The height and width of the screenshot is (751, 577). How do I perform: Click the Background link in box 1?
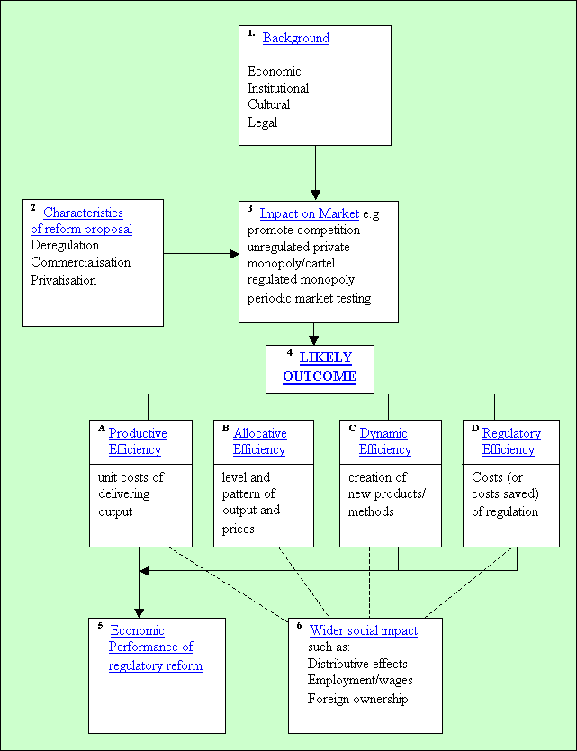295,38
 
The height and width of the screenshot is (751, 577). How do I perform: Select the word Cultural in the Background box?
268,104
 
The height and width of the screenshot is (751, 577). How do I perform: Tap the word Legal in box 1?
262,122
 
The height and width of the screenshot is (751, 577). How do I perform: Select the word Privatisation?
63,280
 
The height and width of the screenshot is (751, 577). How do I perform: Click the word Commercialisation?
80,262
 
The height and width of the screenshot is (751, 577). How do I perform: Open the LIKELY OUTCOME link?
320,367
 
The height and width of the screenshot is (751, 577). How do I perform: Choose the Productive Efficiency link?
138,441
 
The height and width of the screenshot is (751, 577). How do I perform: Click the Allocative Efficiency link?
259,441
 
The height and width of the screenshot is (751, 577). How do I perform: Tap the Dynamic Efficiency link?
384,441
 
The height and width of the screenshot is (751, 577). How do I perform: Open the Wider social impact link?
363,630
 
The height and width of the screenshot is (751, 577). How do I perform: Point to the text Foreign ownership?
357,699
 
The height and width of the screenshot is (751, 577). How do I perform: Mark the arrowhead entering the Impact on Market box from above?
315,194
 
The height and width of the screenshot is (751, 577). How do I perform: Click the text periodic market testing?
309,298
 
